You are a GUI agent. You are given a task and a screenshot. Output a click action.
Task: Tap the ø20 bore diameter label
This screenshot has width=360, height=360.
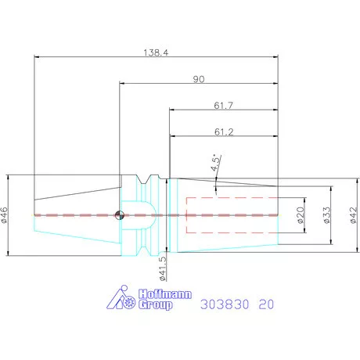coord(301,214)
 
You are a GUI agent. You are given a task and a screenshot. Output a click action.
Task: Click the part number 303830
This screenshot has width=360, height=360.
coord(226,303)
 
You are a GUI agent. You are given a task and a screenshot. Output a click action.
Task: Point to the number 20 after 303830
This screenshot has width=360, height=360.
coord(268,303)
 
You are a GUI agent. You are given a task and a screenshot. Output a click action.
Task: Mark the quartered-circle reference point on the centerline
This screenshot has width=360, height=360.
coord(119,216)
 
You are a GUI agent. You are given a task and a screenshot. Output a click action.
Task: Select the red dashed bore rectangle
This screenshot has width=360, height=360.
coord(232,214)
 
